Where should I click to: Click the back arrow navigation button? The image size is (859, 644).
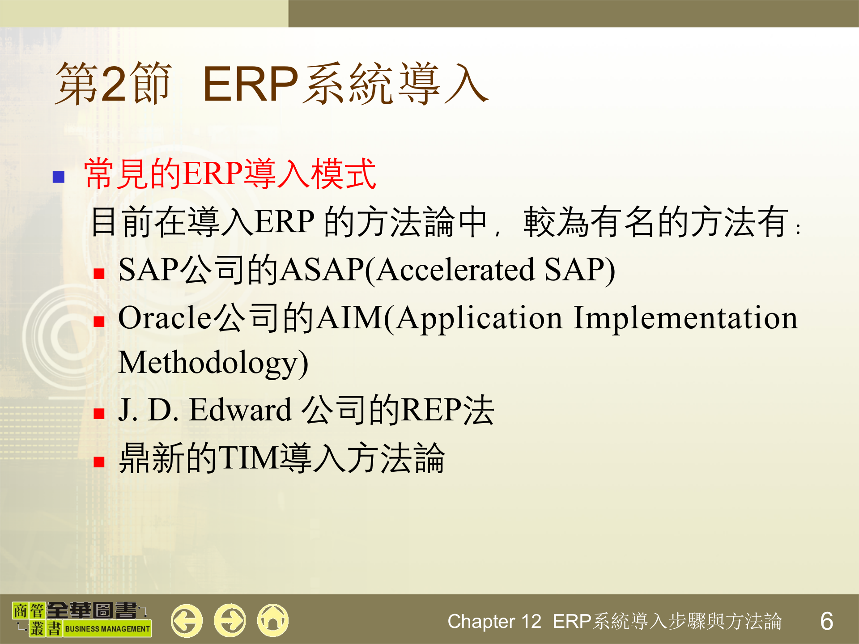[x=186, y=620]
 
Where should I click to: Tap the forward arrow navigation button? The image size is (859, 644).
[x=230, y=620]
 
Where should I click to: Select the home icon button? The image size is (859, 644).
[x=273, y=620]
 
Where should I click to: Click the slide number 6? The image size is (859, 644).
[x=826, y=621]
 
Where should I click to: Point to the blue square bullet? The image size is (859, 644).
[x=59, y=177]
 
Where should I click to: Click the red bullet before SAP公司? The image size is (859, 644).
[x=99, y=274]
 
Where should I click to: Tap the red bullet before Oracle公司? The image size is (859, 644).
[x=99, y=322]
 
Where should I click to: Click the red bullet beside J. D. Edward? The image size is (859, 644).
[x=99, y=414]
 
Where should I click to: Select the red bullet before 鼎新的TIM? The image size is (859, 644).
[x=99, y=462]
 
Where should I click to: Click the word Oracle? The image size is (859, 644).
[x=164, y=318]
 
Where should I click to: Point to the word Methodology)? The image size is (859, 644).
[x=213, y=363]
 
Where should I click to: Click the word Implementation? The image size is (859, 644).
[x=685, y=318]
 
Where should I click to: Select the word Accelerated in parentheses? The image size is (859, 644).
[x=455, y=270]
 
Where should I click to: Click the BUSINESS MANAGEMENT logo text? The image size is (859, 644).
[x=107, y=629]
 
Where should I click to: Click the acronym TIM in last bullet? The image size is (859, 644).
[x=249, y=458]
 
